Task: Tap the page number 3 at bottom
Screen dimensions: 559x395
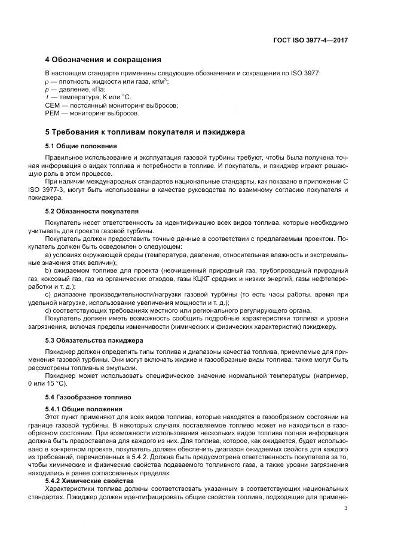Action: pos(346,509)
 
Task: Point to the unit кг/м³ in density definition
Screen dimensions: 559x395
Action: pos(156,81)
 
